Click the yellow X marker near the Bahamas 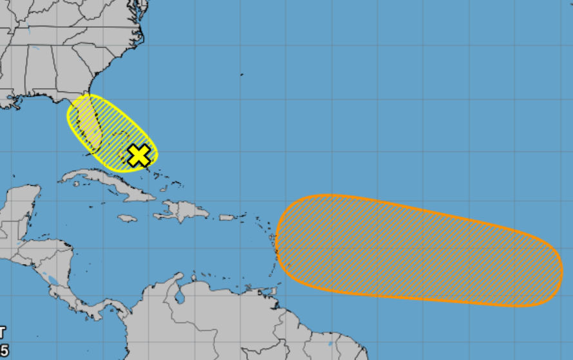click(139, 155)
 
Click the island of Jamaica click(127, 218)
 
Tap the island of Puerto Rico click(228, 218)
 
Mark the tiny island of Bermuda click(242, 75)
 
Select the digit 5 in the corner click(4, 350)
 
